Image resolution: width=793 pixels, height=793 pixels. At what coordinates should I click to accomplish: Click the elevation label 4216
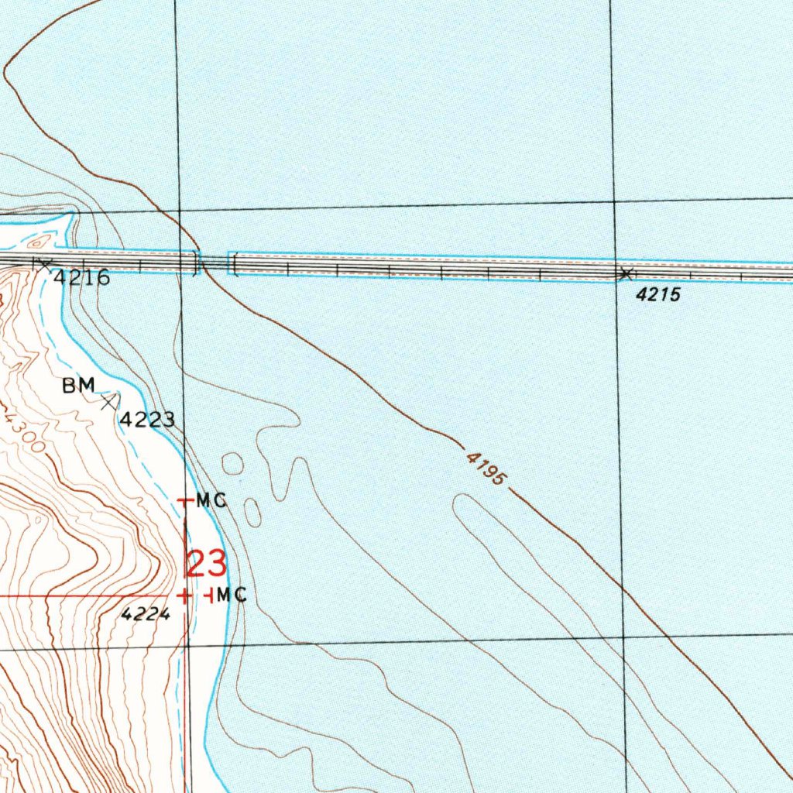click(81, 278)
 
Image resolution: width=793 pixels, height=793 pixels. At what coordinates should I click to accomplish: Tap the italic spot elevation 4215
click(658, 295)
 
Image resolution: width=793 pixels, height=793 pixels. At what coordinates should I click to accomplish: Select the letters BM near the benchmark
click(78, 385)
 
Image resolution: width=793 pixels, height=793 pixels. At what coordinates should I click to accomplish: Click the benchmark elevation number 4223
click(146, 420)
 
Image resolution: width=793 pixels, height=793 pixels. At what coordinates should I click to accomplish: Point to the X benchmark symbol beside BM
click(109, 401)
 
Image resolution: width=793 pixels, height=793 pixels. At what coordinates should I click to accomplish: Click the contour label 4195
click(486, 469)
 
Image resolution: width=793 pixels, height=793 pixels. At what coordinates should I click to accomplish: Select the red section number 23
click(205, 565)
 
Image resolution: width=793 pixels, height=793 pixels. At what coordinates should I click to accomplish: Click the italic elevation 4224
click(145, 614)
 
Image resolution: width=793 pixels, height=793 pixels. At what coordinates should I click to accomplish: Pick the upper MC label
click(211, 501)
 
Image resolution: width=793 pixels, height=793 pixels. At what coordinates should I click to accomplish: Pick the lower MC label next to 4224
click(232, 596)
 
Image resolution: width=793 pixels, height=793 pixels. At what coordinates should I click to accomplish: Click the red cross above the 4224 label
click(184, 596)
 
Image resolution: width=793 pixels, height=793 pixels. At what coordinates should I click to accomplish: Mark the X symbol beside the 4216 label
click(43, 264)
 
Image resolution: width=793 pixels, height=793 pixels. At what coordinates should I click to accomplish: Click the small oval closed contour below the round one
click(252, 512)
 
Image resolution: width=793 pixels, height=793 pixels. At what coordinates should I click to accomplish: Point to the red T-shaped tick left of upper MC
click(184, 502)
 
